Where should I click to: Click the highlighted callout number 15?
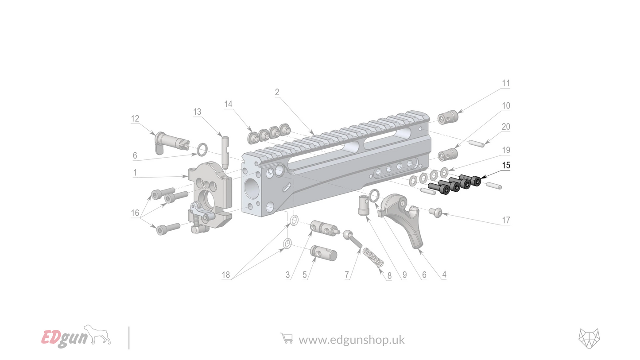coord(505,165)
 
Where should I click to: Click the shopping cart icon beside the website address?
coord(287,339)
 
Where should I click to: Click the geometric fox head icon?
coord(589,339)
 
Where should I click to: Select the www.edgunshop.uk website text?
coord(351,340)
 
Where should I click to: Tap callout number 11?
coord(505,83)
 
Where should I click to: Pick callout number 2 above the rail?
coord(277,92)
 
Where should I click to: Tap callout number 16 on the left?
coord(135,213)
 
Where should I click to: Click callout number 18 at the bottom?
coord(226,275)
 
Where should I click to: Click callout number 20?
coord(505,127)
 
